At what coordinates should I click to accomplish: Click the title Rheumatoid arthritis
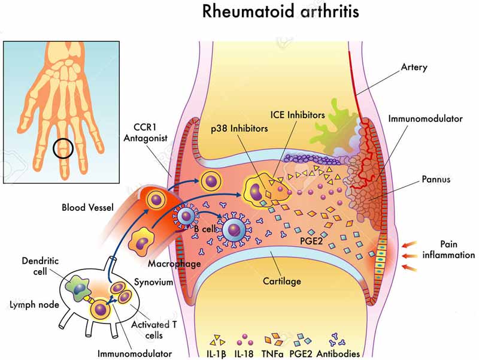tap(280, 11)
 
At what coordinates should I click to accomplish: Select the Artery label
tap(414, 67)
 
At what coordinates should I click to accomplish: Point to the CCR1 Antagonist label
tap(145, 132)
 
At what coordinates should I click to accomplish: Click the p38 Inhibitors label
tap(239, 128)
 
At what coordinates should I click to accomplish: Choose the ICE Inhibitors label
tap(298, 115)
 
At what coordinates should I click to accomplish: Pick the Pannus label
tap(436, 179)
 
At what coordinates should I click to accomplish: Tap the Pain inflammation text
tap(448, 249)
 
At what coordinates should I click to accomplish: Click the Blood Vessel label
tap(87, 207)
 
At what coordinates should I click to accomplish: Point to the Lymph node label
tap(34, 305)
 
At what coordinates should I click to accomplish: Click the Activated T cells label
tap(154, 329)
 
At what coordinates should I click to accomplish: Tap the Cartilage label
tap(281, 281)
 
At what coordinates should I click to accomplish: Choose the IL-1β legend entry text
tap(216, 354)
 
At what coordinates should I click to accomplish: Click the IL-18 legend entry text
tap(244, 354)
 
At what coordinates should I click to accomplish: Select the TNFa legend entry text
tap(272, 354)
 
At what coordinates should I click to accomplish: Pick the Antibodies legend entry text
tap(338, 354)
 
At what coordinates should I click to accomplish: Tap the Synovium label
tap(154, 282)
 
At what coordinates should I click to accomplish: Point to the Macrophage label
tap(174, 264)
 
